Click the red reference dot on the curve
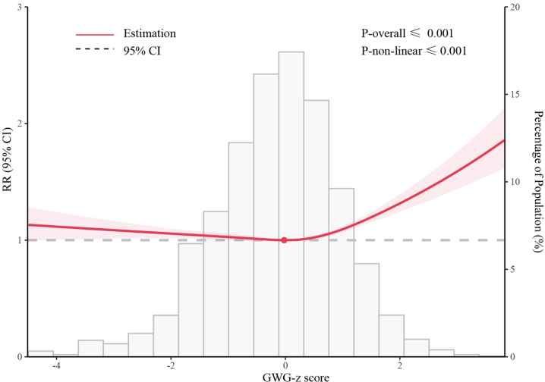[284, 240]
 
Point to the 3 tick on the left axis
[19, 8]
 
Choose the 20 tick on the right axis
[516, 8]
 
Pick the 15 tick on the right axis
[516, 95]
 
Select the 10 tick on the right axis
[516, 182]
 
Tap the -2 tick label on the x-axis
[170, 365]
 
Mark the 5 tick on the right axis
[513, 269]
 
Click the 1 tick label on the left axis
[19, 240]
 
